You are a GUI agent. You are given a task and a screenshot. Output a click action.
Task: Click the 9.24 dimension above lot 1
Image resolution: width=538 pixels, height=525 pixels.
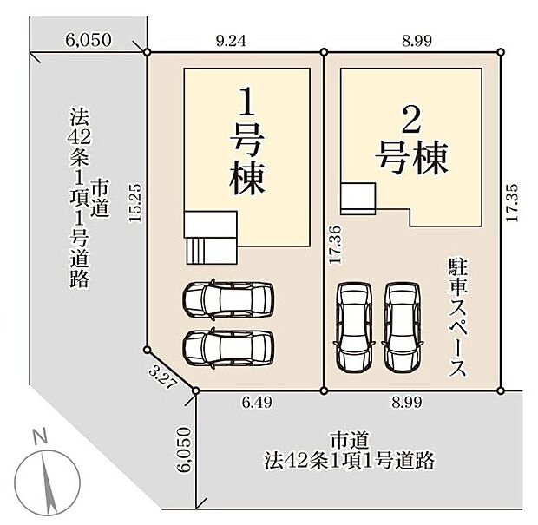click(x=236, y=39)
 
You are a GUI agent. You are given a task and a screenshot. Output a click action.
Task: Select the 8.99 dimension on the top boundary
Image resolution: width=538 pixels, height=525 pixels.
click(x=414, y=39)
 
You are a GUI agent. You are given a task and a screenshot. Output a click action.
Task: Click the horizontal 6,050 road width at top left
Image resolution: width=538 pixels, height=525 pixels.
click(x=87, y=39)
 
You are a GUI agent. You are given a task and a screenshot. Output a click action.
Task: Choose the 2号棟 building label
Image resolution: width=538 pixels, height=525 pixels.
click(x=413, y=141)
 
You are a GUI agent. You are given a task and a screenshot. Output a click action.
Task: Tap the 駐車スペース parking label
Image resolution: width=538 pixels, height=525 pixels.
click(x=458, y=316)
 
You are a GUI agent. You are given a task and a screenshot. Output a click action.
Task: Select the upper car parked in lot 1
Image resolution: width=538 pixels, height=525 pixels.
click(x=227, y=299)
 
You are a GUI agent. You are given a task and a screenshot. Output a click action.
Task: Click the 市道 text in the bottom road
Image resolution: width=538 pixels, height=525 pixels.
click(x=348, y=440)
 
